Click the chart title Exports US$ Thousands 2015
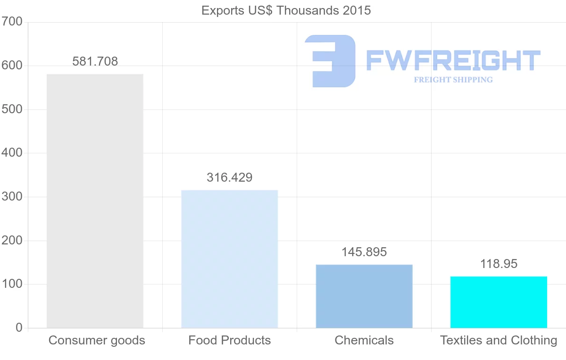point(286,10)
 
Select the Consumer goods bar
point(95,201)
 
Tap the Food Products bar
point(229,259)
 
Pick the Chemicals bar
point(364,296)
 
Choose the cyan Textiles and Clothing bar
point(499,302)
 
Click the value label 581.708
point(95,61)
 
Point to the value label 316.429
point(229,178)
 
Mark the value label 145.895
point(364,252)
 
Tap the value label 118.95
point(499,264)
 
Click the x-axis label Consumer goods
point(97,340)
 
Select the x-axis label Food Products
point(230,340)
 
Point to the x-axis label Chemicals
point(364,340)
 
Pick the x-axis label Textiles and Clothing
point(499,340)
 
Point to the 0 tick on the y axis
point(19,328)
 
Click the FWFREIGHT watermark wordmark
point(453,60)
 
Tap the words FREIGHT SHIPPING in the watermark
point(453,80)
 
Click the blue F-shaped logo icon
point(330,61)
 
